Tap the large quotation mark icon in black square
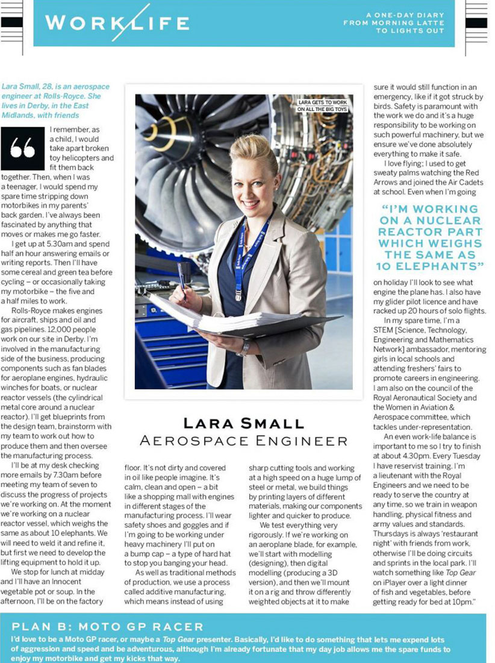22,148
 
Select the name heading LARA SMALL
243,423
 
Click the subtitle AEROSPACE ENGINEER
243,441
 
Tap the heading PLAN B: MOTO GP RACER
108,627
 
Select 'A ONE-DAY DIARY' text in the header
405,14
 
